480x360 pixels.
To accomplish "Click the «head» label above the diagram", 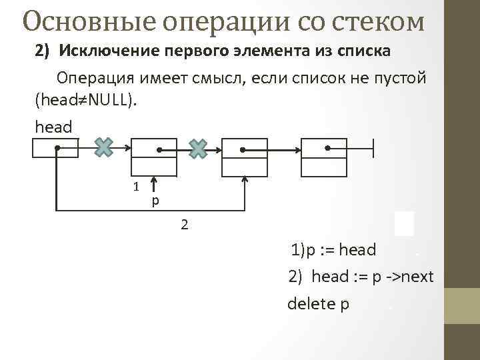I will [x=53, y=125].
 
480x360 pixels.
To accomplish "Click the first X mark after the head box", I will [x=103, y=147].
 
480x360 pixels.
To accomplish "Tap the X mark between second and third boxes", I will [x=198, y=148].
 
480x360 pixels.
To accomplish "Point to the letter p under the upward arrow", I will [x=155, y=200].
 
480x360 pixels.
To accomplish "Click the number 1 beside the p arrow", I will [x=135, y=187].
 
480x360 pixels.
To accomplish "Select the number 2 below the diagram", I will [x=185, y=225].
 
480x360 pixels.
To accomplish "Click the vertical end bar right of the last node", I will [x=373, y=148].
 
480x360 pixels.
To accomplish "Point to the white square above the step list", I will [x=404, y=223].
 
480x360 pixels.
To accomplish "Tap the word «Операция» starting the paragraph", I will [x=96, y=79].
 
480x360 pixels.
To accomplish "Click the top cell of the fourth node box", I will [x=324, y=147].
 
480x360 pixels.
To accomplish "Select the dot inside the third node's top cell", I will [x=242, y=149].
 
